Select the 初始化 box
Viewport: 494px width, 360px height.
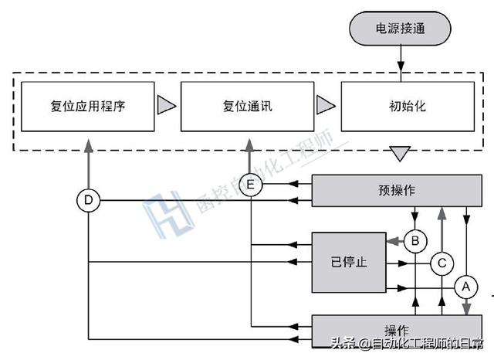tap(399, 105)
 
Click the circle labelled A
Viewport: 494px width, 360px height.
tap(465, 287)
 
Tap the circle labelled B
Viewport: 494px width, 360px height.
tap(415, 242)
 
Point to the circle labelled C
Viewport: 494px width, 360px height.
tap(441, 262)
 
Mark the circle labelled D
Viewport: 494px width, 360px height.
tap(89, 202)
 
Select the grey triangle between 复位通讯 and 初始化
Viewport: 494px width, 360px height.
tap(325, 105)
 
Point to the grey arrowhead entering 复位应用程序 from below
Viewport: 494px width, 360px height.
tap(89, 144)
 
